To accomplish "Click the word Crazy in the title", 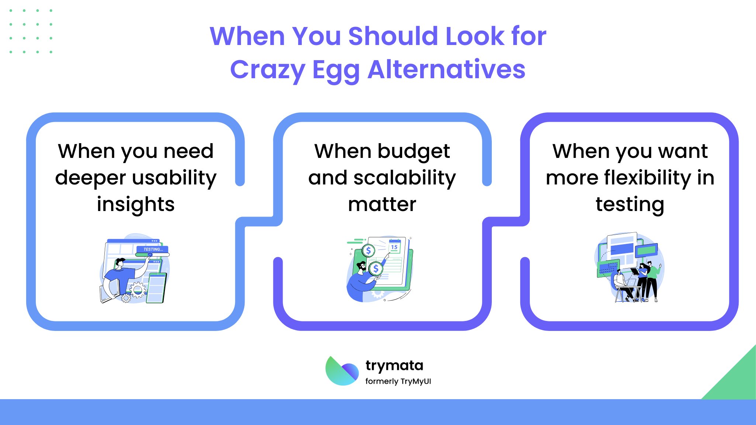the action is click(x=267, y=70).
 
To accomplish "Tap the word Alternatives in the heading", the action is click(x=446, y=69).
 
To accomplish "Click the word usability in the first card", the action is click(x=174, y=179).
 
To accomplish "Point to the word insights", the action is click(x=136, y=204).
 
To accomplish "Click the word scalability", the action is click(x=404, y=179).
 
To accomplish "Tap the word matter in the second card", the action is click(x=382, y=204).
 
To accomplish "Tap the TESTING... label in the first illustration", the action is click(x=153, y=249).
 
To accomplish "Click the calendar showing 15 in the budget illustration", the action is click(x=394, y=246).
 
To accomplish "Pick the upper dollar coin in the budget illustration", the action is click(x=368, y=251).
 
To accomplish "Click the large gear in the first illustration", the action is click(x=138, y=290).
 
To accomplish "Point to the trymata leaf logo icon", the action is click(x=342, y=371).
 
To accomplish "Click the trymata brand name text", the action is click(x=394, y=366).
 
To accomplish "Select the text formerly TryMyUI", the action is click(x=398, y=381).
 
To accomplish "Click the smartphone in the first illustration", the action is click(x=156, y=288).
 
